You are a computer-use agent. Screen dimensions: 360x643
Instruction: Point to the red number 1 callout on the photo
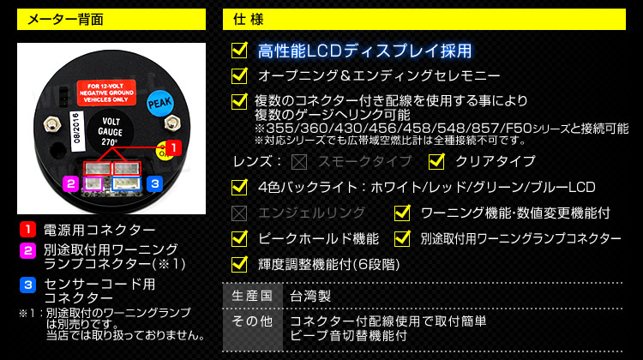[x=171, y=148]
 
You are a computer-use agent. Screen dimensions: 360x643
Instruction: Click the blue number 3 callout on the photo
[x=153, y=183]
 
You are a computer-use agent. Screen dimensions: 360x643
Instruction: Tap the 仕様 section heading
[x=244, y=20]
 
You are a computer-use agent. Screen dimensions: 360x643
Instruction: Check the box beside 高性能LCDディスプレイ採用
[x=240, y=51]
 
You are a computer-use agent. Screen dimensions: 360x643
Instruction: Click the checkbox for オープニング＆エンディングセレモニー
[x=240, y=75]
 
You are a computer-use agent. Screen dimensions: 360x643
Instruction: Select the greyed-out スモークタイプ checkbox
[x=299, y=161]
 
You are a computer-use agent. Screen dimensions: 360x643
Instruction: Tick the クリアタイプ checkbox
[x=436, y=161]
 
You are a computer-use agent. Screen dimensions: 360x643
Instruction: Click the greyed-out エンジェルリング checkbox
[x=240, y=213]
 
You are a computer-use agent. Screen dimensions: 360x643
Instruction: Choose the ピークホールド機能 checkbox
[x=240, y=238]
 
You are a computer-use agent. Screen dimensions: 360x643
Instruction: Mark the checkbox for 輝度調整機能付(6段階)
[x=240, y=263]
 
